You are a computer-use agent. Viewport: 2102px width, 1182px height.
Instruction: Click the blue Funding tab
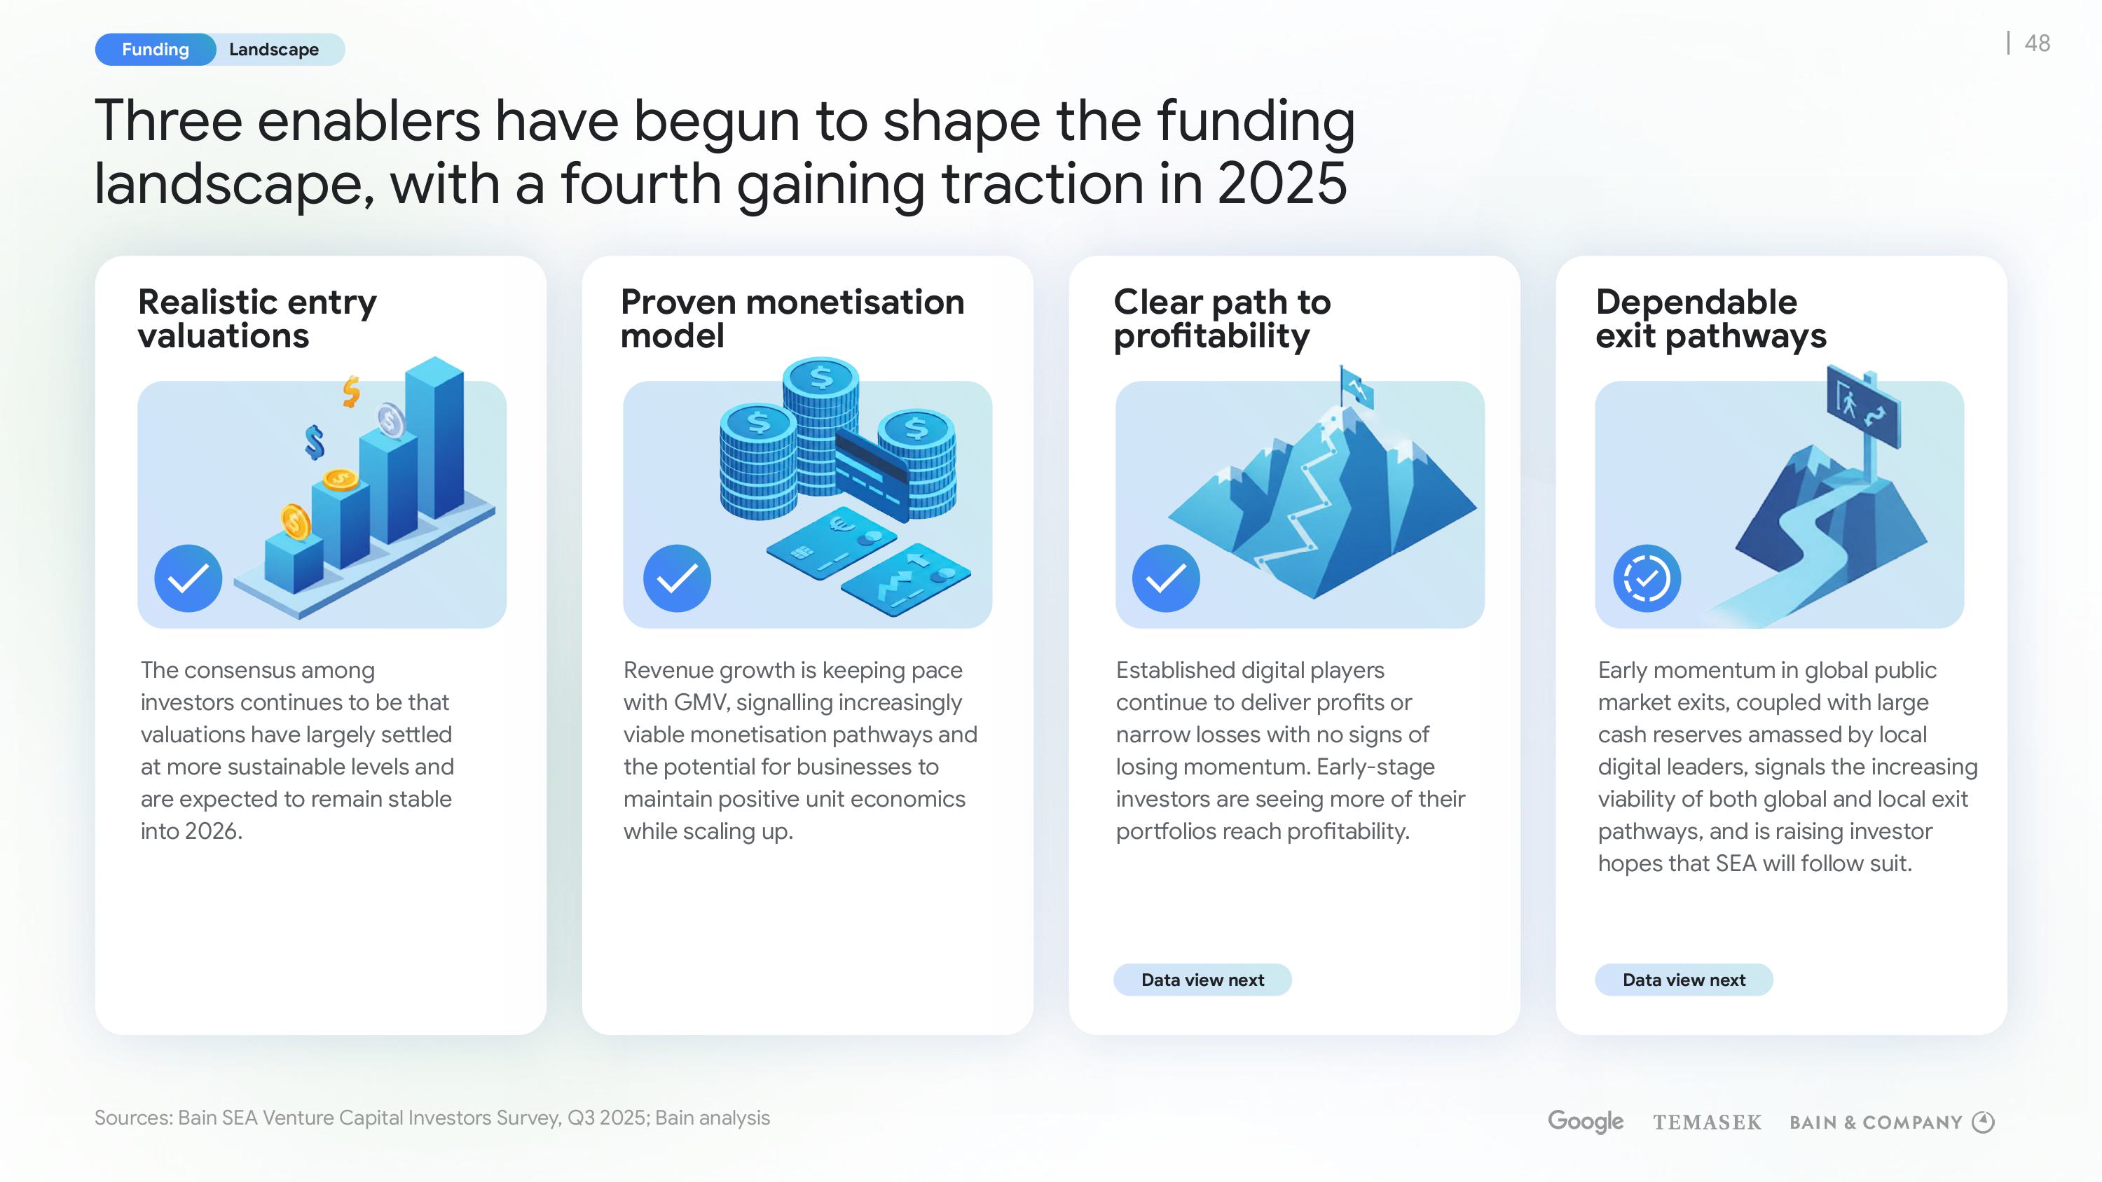(x=155, y=50)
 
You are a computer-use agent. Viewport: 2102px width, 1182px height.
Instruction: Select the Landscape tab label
(x=273, y=50)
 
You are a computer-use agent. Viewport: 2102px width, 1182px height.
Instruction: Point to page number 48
(x=2037, y=43)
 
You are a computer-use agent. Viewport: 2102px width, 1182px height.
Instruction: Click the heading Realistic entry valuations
(x=257, y=318)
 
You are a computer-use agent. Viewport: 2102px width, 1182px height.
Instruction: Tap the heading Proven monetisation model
(x=792, y=318)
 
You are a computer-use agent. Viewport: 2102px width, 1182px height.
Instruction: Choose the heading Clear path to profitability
(x=1221, y=318)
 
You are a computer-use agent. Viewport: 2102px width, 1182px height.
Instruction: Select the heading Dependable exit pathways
(x=1710, y=318)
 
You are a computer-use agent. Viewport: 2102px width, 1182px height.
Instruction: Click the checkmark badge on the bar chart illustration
(x=188, y=578)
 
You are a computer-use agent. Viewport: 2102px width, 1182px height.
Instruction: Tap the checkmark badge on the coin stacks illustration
(x=678, y=578)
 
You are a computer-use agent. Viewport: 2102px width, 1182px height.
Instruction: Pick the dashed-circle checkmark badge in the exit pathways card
(x=1647, y=578)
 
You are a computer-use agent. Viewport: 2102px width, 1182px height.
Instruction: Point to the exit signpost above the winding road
(x=1862, y=406)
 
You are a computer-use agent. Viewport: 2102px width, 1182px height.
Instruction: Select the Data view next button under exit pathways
(x=1684, y=980)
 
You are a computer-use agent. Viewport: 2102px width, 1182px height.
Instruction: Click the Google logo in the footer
(x=1586, y=1121)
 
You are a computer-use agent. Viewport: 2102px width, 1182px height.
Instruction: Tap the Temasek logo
(x=1707, y=1122)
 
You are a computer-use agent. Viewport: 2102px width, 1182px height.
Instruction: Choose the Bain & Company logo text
(x=1875, y=1122)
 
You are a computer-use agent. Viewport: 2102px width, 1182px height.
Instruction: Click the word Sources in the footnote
(x=133, y=1118)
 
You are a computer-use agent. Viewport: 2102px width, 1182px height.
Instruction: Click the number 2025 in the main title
(x=1282, y=183)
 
